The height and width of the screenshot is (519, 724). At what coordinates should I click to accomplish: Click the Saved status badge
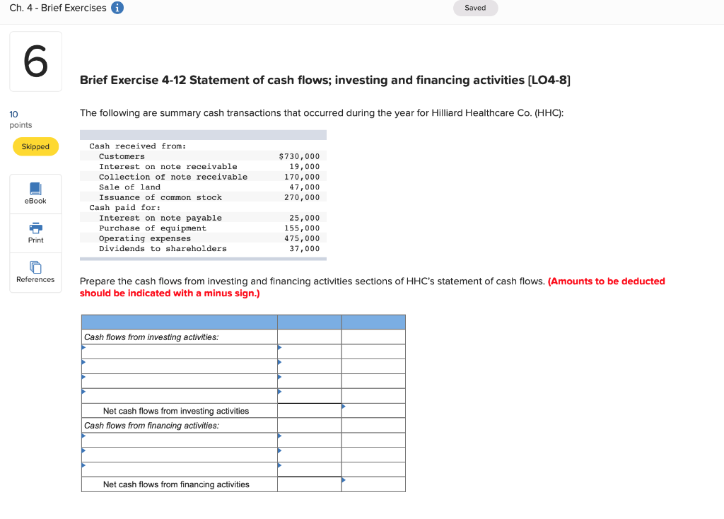pyautogui.click(x=475, y=8)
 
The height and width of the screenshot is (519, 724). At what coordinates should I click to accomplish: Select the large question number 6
pyautogui.click(x=35, y=62)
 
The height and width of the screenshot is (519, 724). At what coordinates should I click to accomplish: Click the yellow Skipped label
pyautogui.click(x=35, y=146)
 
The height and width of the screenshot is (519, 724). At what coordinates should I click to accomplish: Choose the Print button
pyautogui.click(x=35, y=233)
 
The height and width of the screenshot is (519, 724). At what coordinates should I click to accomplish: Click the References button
pyautogui.click(x=35, y=272)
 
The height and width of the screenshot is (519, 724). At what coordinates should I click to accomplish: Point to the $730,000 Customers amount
pyautogui.click(x=299, y=156)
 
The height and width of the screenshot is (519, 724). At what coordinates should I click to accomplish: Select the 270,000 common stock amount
pyautogui.click(x=302, y=197)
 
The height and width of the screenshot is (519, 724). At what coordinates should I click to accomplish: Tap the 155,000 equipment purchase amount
pyautogui.click(x=302, y=228)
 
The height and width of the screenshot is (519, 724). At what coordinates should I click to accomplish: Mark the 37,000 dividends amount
pyautogui.click(x=305, y=249)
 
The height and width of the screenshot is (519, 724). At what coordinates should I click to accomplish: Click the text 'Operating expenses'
pyautogui.click(x=145, y=239)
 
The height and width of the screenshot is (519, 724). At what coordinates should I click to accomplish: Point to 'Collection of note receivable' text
pyautogui.click(x=173, y=177)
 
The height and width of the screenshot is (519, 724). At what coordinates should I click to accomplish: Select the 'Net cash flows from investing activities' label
pyautogui.click(x=176, y=411)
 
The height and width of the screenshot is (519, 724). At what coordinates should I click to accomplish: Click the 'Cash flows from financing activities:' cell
pyautogui.click(x=151, y=426)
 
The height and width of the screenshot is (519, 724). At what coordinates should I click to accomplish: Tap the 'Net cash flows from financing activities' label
pyautogui.click(x=176, y=484)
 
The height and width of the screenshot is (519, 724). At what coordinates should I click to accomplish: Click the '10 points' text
pyautogui.click(x=20, y=119)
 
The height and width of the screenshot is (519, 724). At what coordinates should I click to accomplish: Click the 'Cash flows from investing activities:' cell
pyautogui.click(x=151, y=337)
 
